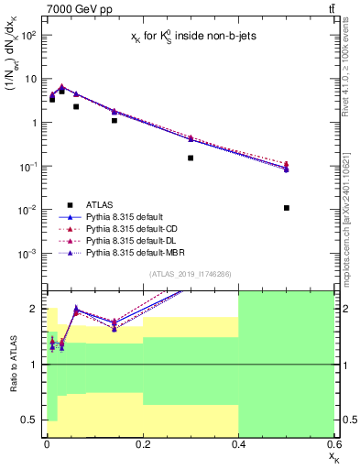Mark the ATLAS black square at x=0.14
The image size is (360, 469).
[115, 120]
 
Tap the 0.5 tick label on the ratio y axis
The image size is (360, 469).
[29, 420]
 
